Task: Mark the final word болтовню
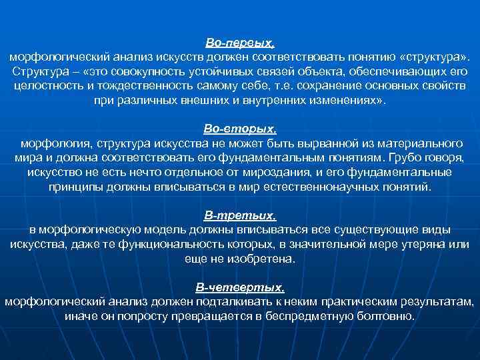tap(387, 317)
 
